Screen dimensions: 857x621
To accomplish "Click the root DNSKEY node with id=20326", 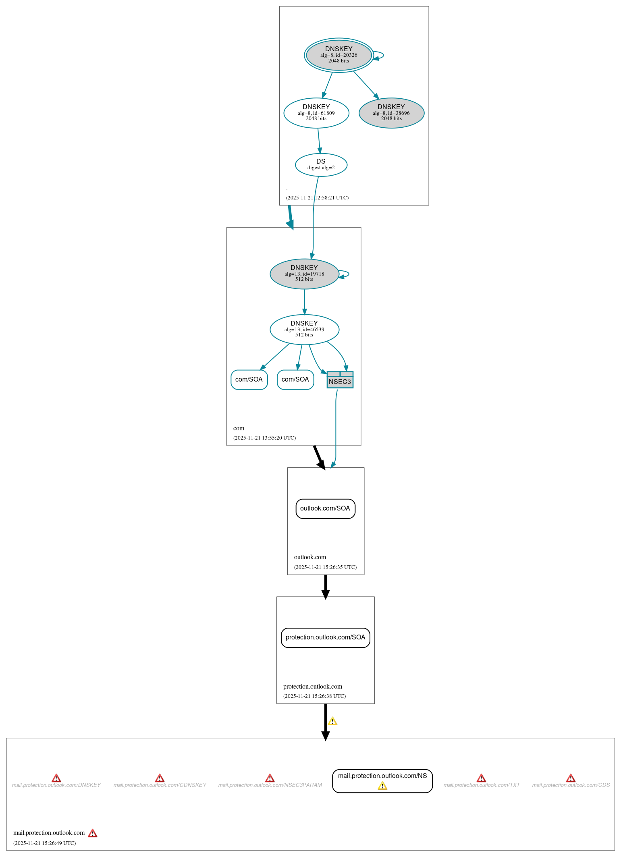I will (x=339, y=55).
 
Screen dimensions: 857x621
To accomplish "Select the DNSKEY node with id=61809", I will (x=316, y=113).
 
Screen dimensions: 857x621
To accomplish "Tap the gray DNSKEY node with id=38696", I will (x=391, y=113).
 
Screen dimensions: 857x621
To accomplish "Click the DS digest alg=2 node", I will (x=321, y=165).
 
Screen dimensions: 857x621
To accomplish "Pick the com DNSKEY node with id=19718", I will (x=304, y=274).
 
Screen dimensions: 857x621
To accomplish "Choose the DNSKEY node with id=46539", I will (x=304, y=330).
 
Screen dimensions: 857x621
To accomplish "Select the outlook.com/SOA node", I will (x=325, y=508).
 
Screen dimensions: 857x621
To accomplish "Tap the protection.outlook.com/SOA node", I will (x=325, y=637).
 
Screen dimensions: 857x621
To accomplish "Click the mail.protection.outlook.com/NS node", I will (x=382, y=776).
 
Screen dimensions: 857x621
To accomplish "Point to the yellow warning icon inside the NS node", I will (x=382, y=786).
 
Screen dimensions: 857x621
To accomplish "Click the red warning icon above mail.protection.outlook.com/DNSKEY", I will (x=56, y=778).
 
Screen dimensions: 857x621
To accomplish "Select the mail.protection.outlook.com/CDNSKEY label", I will (x=160, y=785).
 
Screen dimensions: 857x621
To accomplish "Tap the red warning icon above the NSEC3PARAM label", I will (x=270, y=778).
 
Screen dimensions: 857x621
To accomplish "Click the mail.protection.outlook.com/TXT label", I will (x=482, y=785).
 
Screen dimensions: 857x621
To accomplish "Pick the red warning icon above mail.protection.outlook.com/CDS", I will (x=571, y=778).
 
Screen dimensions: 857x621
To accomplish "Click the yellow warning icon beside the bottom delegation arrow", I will (x=332, y=721).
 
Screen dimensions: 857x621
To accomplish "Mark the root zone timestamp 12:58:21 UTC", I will (x=317, y=198).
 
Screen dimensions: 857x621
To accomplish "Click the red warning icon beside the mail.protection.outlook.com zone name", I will (x=93, y=833).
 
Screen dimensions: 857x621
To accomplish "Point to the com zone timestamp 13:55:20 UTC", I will (x=264, y=438).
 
